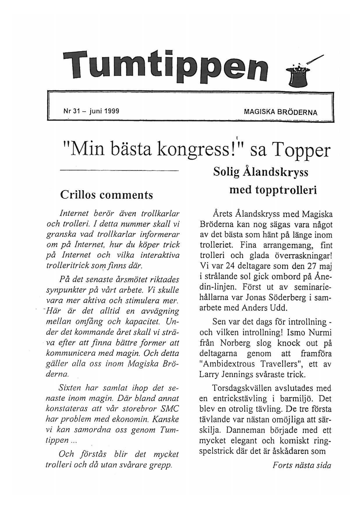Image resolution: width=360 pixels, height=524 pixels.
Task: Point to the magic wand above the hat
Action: click(316, 60)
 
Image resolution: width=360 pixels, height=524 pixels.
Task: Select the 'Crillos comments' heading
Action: click(106, 195)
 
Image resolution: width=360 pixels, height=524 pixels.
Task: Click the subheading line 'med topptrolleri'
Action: click(273, 190)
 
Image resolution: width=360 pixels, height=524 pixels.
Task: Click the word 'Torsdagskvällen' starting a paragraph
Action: click(245, 388)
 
